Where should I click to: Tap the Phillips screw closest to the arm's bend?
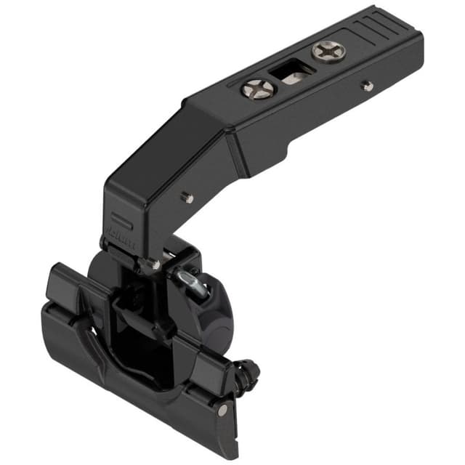click(x=258, y=89)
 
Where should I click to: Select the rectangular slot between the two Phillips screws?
click(x=292, y=73)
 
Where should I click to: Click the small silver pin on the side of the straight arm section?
click(x=368, y=86)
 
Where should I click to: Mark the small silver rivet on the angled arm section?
click(x=187, y=196)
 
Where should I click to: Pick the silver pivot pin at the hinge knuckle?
click(x=155, y=264)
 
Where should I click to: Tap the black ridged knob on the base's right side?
click(x=249, y=371)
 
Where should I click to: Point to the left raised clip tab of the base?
click(x=70, y=287)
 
